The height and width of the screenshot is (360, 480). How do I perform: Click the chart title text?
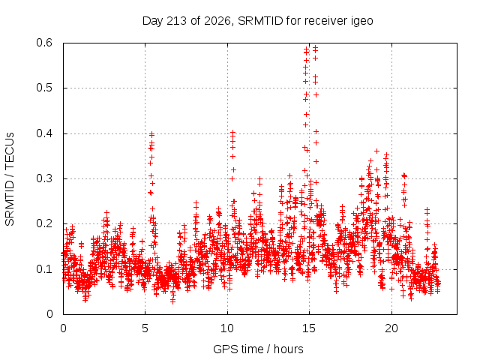[x=258, y=21]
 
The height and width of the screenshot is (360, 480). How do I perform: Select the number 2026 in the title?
[x=217, y=21]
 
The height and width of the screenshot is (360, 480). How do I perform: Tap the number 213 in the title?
[x=176, y=21]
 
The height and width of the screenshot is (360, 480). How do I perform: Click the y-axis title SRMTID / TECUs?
[x=10, y=179]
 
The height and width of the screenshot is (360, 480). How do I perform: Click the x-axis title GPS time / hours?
[x=258, y=349]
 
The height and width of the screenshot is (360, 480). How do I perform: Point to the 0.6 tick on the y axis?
[x=44, y=43]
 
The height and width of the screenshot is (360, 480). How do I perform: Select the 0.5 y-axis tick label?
[x=44, y=88]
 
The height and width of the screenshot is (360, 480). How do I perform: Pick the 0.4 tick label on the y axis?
[x=44, y=133]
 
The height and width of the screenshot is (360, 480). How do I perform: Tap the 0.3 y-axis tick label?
[x=44, y=178]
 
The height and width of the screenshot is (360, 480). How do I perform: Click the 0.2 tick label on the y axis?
[x=44, y=223]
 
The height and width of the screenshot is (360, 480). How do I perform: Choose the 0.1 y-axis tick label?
[x=44, y=269]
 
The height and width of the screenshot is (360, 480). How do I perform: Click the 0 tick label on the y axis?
[x=49, y=314]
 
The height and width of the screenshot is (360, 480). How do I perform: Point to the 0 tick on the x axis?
[x=63, y=328]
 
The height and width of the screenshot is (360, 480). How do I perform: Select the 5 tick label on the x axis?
[x=145, y=328]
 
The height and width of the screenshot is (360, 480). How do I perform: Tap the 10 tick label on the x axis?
[x=227, y=328]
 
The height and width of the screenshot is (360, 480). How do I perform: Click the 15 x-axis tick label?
[x=309, y=328]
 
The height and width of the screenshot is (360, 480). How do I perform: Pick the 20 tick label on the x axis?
[x=391, y=328]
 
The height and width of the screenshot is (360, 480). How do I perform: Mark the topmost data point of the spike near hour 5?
[x=151, y=134]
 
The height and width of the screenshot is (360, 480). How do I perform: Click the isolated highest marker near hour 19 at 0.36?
[x=377, y=151]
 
